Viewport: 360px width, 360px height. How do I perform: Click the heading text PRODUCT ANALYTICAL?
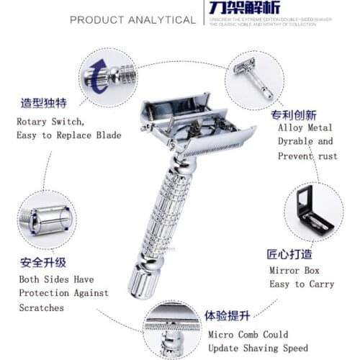(x=132, y=19)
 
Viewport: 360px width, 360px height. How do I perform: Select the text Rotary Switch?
(x=50, y=121)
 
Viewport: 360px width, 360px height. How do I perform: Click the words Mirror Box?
(x=295, y=269)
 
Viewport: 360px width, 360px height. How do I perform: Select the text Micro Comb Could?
(x=248, y=335)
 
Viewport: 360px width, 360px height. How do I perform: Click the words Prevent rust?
(x=305, y=156)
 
